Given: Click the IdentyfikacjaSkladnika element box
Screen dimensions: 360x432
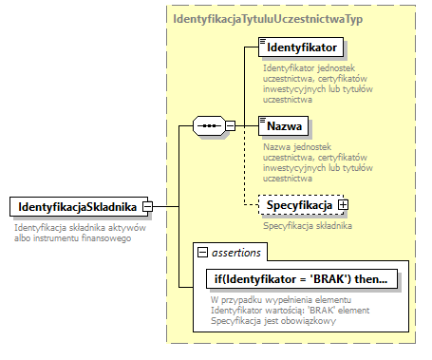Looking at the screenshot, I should coord(76,206).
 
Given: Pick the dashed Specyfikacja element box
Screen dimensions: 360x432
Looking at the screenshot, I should coord(298,204).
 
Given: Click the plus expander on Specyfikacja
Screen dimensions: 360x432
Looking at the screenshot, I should coord(343,204).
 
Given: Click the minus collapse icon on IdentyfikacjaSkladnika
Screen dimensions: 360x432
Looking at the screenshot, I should coord(149,206).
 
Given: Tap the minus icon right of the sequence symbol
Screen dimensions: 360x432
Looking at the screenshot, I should coord(230,125).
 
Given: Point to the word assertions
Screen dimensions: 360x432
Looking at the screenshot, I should coord(237,252).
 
